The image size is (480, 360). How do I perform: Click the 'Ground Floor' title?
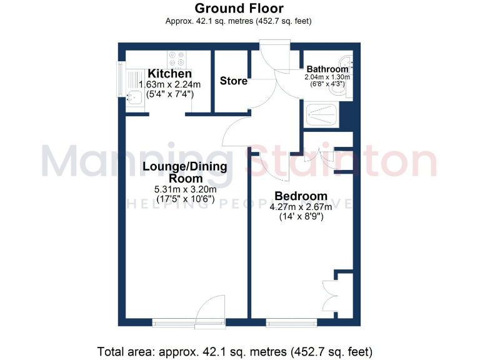click(239, 8)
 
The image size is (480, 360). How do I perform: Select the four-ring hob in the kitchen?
click(176, 59)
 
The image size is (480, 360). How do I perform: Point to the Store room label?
click(233, 81)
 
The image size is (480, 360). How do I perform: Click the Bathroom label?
click(326, 69)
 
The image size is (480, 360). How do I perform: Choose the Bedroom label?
click(301, 196)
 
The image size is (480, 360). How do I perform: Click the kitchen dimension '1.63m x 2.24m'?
click(169, 85)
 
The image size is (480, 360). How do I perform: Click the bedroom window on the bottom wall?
click(291, 322)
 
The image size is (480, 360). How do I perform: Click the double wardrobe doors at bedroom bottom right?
click(330, 294)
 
